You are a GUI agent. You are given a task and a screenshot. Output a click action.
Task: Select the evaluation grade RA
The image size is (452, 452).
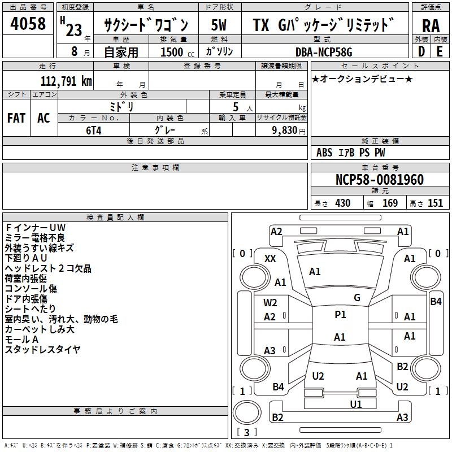431,26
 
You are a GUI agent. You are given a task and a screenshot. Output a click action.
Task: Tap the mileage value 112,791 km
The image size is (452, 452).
66,81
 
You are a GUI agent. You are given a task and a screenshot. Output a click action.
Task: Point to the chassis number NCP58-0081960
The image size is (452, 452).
379,180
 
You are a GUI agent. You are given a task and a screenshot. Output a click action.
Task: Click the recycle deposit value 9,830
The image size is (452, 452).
285,130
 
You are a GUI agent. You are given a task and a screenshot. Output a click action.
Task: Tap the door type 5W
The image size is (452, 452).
219,26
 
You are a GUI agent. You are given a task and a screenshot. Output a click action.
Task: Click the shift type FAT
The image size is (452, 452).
16,118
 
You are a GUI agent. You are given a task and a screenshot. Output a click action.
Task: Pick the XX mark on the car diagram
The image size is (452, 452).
271,258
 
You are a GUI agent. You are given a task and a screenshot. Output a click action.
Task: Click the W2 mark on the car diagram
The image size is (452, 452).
270,302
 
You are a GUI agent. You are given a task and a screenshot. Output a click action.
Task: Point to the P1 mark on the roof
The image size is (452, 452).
340,315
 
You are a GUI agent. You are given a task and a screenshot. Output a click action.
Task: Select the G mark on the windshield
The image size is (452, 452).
357,298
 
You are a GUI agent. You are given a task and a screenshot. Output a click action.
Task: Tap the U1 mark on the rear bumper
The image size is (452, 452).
356,404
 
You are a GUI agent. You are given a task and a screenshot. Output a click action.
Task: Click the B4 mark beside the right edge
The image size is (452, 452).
436,302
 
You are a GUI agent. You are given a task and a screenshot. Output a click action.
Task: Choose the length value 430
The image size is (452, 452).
342,203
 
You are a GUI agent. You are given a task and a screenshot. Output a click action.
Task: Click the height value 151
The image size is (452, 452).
435,203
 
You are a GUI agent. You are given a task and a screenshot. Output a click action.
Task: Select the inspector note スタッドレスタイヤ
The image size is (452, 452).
43,350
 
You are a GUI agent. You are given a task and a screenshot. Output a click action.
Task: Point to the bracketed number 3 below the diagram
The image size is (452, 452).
246,432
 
